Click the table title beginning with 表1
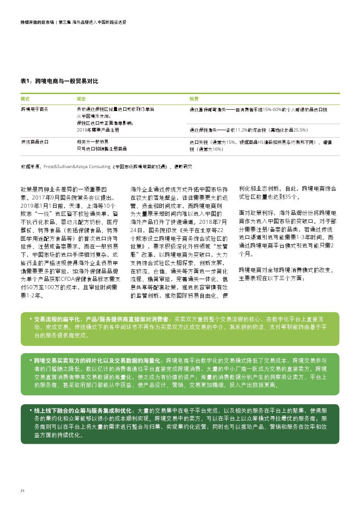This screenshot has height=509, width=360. click(x=59, y=81)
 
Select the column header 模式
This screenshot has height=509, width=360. click(x=25, y=99)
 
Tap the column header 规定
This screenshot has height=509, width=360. click(x=81, y=99)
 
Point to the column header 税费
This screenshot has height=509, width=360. click(x=194, y=99)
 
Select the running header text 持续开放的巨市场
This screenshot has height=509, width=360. click(x=37, y=22)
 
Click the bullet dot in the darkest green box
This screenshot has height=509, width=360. click(x=30, y=410)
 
